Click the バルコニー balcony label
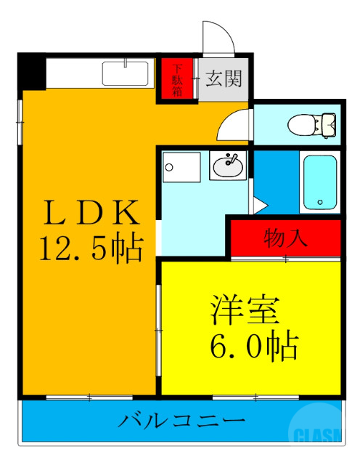click(182, 421)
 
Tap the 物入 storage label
click(285, 237)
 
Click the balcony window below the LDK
click(89, 397)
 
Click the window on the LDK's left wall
click(20, 116)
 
